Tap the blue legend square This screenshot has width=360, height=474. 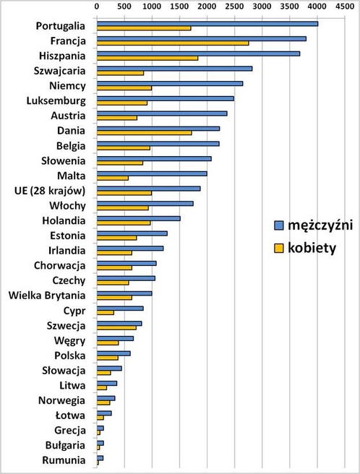tap(278, 225)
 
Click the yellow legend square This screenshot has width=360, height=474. tap(278, 248)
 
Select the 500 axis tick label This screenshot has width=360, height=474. tap(124, 6)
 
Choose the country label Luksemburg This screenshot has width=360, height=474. tap(57, 100)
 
